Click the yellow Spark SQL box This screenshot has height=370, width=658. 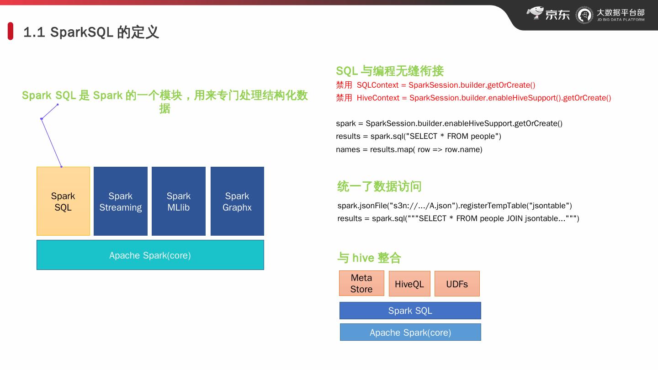tap(63, 201)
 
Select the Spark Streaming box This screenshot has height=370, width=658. tap(121, 201)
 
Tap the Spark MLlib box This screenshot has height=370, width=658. tap(179, 201)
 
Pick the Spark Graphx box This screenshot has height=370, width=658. tap(237, 201)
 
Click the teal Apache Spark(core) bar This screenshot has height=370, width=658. tap(150, 255)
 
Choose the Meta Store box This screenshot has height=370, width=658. tap(361, 283)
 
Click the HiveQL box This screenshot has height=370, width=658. tap(409, 284)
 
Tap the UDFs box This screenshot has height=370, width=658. tap(457, 284)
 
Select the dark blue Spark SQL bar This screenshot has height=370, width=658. tap(410, 311)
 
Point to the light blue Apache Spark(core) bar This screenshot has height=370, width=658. tap(410, 333)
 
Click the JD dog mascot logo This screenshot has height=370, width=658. tap(535, 13)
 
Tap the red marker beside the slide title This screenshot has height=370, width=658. tap(11, 31)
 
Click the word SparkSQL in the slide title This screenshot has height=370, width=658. tap(82, 32)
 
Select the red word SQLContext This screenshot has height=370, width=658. tap(377, 85)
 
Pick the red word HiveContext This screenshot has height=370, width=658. tap(378, 98)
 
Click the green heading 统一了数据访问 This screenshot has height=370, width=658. tap(379, 186)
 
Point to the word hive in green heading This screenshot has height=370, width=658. tap(363, 258)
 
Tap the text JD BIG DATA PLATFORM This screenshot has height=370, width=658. tap(621, 20)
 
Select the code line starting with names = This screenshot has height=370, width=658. tap(409, 149)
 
